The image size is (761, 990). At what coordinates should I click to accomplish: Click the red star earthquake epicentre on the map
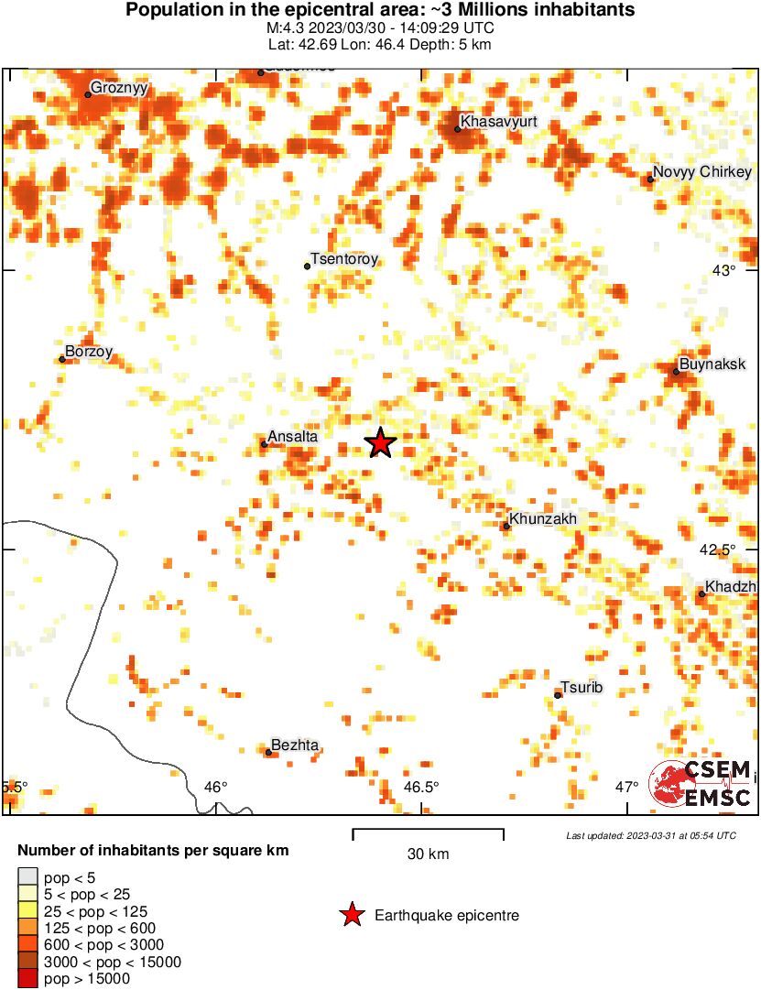point(380,443)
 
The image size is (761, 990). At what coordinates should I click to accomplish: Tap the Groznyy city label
point(120,89)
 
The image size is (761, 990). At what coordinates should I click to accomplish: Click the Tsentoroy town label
point(344,259)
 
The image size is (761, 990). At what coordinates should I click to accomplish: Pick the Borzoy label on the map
point(89,351)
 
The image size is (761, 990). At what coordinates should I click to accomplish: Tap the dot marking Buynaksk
point(676,371)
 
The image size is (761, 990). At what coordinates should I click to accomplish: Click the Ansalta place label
point(293,437)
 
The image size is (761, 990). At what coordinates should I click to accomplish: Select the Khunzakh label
point(543,519)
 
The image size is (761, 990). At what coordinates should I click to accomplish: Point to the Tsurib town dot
point(558,695)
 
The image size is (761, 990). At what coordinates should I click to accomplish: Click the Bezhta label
point(296,745)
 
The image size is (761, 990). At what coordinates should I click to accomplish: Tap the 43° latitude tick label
point(724,270)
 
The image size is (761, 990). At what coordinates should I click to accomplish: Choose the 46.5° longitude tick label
point(421,787)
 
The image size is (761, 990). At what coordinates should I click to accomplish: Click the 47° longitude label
point(626,787)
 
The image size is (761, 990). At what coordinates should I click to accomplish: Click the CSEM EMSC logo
point(701,785)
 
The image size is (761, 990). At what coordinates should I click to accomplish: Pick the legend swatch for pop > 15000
point(27,979)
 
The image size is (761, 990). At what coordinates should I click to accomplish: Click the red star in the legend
point(351,915)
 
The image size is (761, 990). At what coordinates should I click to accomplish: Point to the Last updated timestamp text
point(651,835)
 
